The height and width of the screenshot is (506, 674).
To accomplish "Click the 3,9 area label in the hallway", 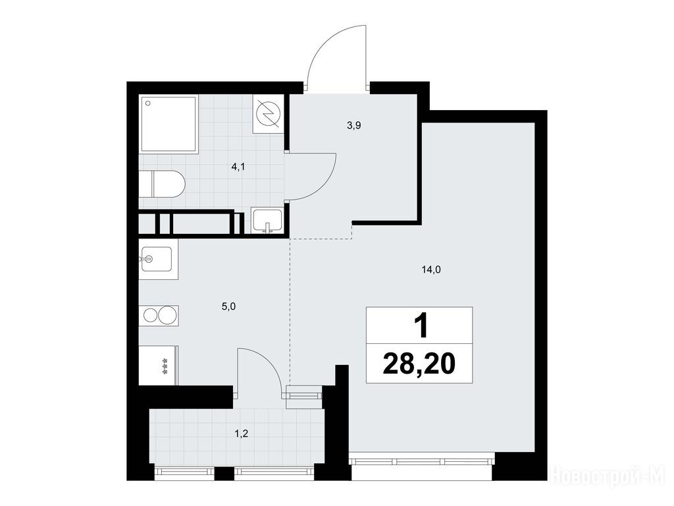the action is point(353,126).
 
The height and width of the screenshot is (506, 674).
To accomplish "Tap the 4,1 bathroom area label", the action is point(238,167).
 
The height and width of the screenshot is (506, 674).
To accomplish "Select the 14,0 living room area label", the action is point(431,269).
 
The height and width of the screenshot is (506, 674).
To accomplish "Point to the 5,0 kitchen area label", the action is point(228,306).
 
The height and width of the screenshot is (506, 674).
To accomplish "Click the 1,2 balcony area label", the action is point(242,434).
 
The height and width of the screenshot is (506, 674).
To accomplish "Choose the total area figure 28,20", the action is point(419,364).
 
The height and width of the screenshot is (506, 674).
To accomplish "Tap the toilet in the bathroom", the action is point(162,184).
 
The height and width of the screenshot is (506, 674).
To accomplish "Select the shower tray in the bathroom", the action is point(169,124).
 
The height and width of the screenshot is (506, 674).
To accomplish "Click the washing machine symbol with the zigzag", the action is point(269,113).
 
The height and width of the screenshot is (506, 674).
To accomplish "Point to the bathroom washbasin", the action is point(267,220).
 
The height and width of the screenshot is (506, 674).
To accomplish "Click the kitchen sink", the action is point(155,259).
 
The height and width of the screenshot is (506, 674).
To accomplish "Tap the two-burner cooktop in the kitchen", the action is point(159,316).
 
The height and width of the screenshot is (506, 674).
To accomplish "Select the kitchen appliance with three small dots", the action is point(158,365).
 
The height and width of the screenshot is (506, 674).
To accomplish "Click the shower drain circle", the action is point(148,103).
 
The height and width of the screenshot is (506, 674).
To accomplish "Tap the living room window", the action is point(421,461).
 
